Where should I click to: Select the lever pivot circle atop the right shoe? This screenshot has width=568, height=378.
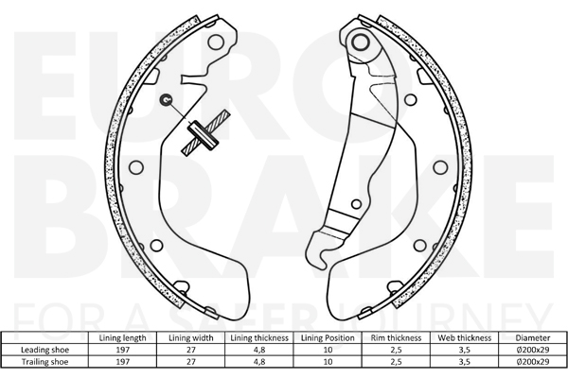click(359, 43)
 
